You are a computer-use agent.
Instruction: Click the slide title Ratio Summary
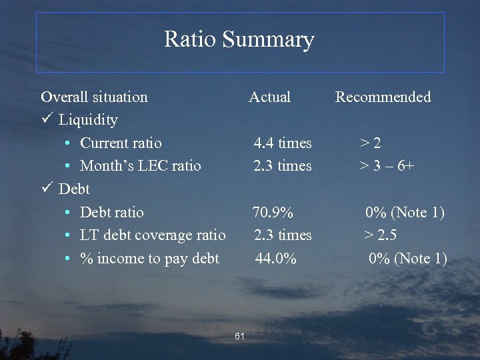(239, 40)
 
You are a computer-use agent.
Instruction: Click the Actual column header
(269, 97)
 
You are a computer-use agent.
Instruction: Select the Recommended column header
(383, 97)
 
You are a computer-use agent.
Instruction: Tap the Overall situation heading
(94, 97)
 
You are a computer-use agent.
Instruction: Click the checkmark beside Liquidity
(46, 120)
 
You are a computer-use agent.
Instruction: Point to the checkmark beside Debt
(46, 189)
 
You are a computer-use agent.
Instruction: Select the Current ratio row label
(121, 143)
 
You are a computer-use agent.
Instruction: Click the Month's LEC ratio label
(140, 166)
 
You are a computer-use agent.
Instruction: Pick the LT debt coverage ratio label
(153, 235)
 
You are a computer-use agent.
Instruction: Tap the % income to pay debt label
(149, 259)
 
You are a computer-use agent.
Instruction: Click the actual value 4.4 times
(282, 143)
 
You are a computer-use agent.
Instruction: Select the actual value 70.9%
(272, 213)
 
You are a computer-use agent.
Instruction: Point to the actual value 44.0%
(275, 259)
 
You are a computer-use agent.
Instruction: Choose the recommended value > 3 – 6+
(387, 166)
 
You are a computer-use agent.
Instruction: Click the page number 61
(240, 335)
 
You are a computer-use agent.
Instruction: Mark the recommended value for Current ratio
(371, 143)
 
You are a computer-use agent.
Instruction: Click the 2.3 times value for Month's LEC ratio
(282, 166)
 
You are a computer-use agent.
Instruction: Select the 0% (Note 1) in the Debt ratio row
(405, 213)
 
